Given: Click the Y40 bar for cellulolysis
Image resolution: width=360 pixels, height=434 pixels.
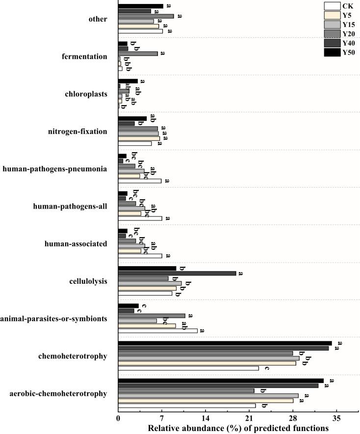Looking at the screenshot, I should click(177, 273).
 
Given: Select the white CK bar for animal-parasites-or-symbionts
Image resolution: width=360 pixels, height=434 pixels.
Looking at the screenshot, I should click(157, 331).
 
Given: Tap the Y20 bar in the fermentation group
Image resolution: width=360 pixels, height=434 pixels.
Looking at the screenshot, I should click(138, 54).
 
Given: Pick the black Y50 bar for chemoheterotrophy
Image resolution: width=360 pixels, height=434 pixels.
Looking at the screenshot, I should click(225, 343).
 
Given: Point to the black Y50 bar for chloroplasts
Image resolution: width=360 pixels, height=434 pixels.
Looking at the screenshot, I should click(128, 81).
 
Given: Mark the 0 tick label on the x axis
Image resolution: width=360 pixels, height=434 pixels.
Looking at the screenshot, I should click(118, 418).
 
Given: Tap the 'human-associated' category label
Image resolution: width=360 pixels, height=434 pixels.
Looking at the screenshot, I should click(76, 244).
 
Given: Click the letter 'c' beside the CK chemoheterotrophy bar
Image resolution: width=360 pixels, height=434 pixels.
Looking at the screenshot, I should click(267, 368).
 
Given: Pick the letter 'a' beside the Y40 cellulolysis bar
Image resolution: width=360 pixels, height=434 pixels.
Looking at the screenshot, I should click(240, 273).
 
